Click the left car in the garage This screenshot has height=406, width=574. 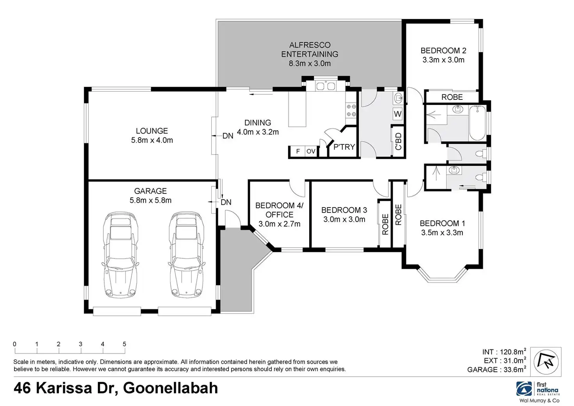click(x=120, y=255)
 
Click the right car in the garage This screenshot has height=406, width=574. click(x=186, y=255)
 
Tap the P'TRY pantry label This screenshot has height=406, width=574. click(x=344, y=147)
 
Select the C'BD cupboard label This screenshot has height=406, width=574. click(x=398, y=141)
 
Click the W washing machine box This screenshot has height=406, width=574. click(x=397, y=114)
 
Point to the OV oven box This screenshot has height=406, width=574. click(x=311, y=151)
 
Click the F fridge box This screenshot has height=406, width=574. click(x=298, y=151)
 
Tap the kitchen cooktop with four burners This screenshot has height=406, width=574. click(x=351, y=110)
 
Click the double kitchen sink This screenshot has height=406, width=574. click(x=326, y=86)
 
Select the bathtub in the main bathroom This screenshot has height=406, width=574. click(x=477, y=123)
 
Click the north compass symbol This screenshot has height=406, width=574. click(x=546, y=362)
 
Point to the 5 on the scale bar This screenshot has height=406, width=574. click(x=124, y=344)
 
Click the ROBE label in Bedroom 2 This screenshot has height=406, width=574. click(x=452, y=97)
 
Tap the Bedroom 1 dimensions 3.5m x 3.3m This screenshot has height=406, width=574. click(x=442, y=232)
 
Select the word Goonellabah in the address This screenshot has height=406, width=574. click(x=170, y=388)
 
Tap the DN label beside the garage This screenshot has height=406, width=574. click(x=226, y=202)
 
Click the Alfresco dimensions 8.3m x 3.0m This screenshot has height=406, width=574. click(x=310, y=63)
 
